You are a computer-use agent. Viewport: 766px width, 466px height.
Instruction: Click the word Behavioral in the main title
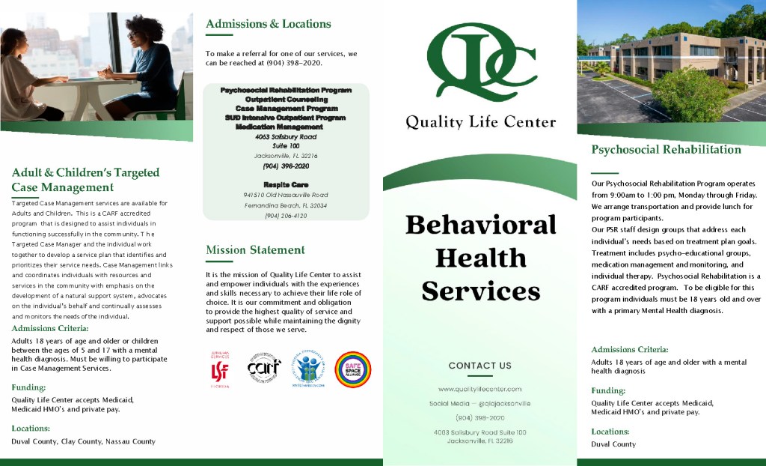tap(480, 225)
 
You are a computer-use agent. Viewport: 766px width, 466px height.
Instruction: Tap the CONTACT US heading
tap(479, 366)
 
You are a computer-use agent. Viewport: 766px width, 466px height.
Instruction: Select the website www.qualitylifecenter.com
tap(479, 389)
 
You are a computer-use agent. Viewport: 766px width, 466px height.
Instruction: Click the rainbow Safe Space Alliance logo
tap(352, 369)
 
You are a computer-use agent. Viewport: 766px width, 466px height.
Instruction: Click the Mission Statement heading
tap(255, 250)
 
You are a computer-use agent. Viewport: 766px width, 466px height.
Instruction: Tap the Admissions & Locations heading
tap(268, 24)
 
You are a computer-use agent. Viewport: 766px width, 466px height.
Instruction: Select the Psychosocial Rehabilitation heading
tap(666, 150)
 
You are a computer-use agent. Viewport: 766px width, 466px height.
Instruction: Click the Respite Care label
tap(286, 184)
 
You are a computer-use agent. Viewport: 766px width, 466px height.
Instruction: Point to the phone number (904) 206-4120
tap(286, 216)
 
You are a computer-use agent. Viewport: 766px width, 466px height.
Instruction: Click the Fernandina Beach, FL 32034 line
tap(286, 205)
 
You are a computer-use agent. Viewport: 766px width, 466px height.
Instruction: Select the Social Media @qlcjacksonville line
tap(479, 403)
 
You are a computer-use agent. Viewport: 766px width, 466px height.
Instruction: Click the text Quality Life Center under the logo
tap(480, 122)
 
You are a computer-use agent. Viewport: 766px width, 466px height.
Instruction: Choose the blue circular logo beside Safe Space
tap(307, 369)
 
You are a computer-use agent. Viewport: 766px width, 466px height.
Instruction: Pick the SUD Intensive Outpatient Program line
tap(286, 118)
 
